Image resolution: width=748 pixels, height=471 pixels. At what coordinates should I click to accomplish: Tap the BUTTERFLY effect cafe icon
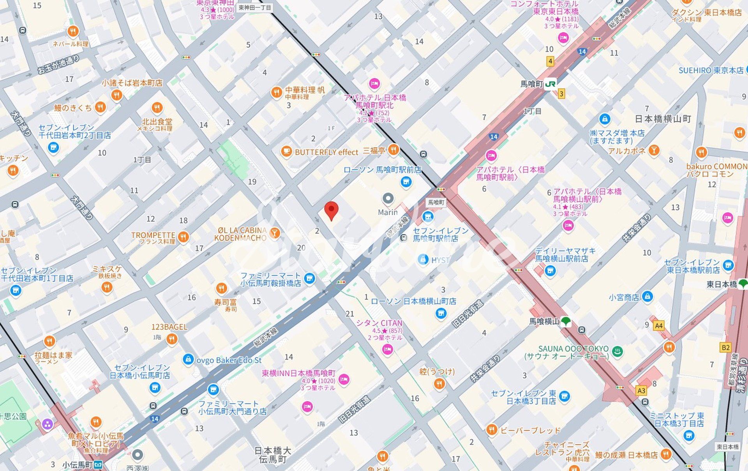pyautogui.click(x=286, y=152)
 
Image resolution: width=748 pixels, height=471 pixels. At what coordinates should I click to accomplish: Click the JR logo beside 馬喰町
pyautogui.click(x=550, y=84)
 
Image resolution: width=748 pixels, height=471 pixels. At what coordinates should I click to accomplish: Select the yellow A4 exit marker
pyautogui.click(x=658, y=326)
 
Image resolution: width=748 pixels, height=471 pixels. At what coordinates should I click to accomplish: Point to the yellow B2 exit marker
pyautogui.click(x=725, y=348)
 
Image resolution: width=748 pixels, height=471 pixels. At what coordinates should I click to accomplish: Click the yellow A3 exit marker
pyautogui.click(x=641, y=390)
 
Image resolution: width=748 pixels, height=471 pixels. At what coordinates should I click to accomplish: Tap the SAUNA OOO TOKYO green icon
pyautogui.click(x=617, y=352)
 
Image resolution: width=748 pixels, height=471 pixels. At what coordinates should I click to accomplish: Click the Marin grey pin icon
pyautogui.click(x=388, y=199)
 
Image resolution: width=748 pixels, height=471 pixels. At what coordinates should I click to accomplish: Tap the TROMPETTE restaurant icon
pyautogui.click(x=183, y=236)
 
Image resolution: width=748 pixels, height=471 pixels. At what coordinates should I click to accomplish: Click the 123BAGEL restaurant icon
pyautogui.click(x=172, y=339)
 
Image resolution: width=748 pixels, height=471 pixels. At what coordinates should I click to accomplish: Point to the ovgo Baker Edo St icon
pyautogui.click(x=188, y=360)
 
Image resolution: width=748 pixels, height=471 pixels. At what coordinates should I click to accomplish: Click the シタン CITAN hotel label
pyautogui.click(x=379, y=323)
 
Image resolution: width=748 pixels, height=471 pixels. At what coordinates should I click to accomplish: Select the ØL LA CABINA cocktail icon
pyautogui.click(x=275, y=233)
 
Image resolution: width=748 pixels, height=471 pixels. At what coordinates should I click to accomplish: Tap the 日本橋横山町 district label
pyautogui.click(x=663, y=119)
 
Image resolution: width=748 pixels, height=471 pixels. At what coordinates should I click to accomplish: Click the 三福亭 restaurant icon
pyautogui.click(x=393, y=150)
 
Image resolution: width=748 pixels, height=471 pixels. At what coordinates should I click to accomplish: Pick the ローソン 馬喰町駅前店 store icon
pyautogui.click(x=406, y=182)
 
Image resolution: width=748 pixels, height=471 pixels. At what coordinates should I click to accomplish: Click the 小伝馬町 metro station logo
pyautogui.click(x=98, y=464)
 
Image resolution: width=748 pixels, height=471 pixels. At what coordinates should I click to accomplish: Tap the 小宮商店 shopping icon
pyautogui.click(x=647, y=297)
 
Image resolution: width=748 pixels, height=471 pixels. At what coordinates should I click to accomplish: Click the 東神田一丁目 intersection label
pyautogui.click(x=254, y=7)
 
